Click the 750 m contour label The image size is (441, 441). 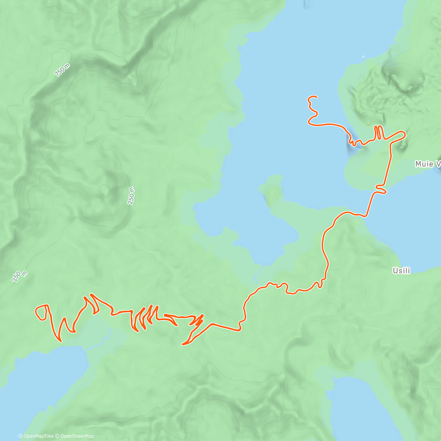click(62, 70)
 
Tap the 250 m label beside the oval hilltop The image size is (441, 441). click(131, 196)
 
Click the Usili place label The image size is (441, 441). click(401, 271)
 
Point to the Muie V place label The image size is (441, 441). click(427, 164)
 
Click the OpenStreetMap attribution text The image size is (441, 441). click(77, 436)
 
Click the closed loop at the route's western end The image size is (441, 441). click(41, 312)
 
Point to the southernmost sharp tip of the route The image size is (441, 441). click(183, 344)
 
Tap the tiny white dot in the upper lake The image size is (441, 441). click(363, 57)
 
